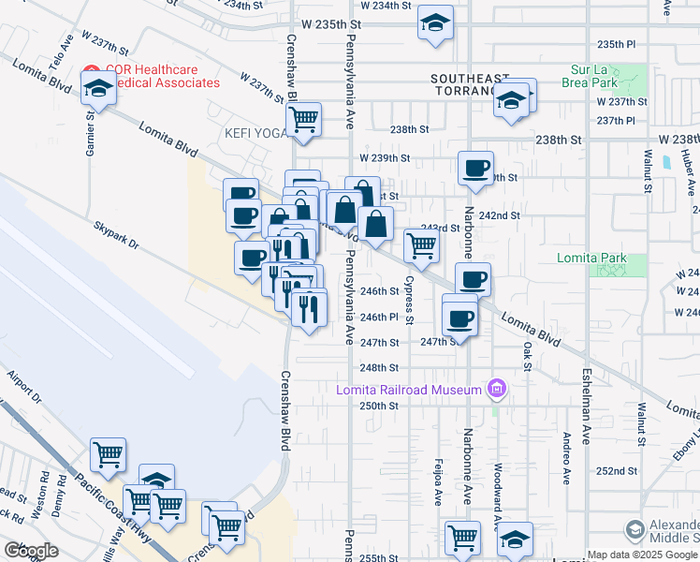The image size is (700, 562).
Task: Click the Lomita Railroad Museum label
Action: pyautogui.click(x=410, y=390)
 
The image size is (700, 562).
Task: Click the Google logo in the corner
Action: pyautogui.click(x=31, y=551)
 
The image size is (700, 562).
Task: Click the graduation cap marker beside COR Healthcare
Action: pyautogui.click(x=97, y=90)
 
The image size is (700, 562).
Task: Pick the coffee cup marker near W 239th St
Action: pyautogui.click(x=475, y=168)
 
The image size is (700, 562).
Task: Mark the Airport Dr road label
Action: pyautogui.click(x=24, y=387)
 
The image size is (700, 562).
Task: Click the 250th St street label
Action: pyautogui.click(x=380, y=406)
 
